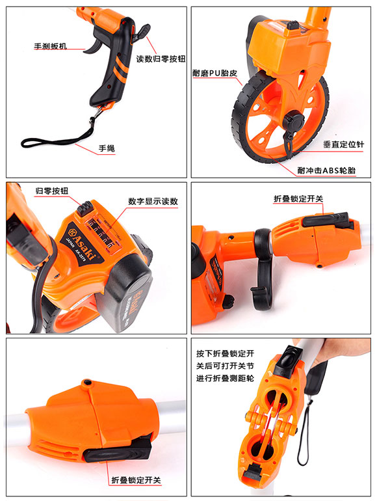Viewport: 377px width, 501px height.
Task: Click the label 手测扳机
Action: (50, 47)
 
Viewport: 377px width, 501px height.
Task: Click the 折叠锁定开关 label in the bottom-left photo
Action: (135, 480)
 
